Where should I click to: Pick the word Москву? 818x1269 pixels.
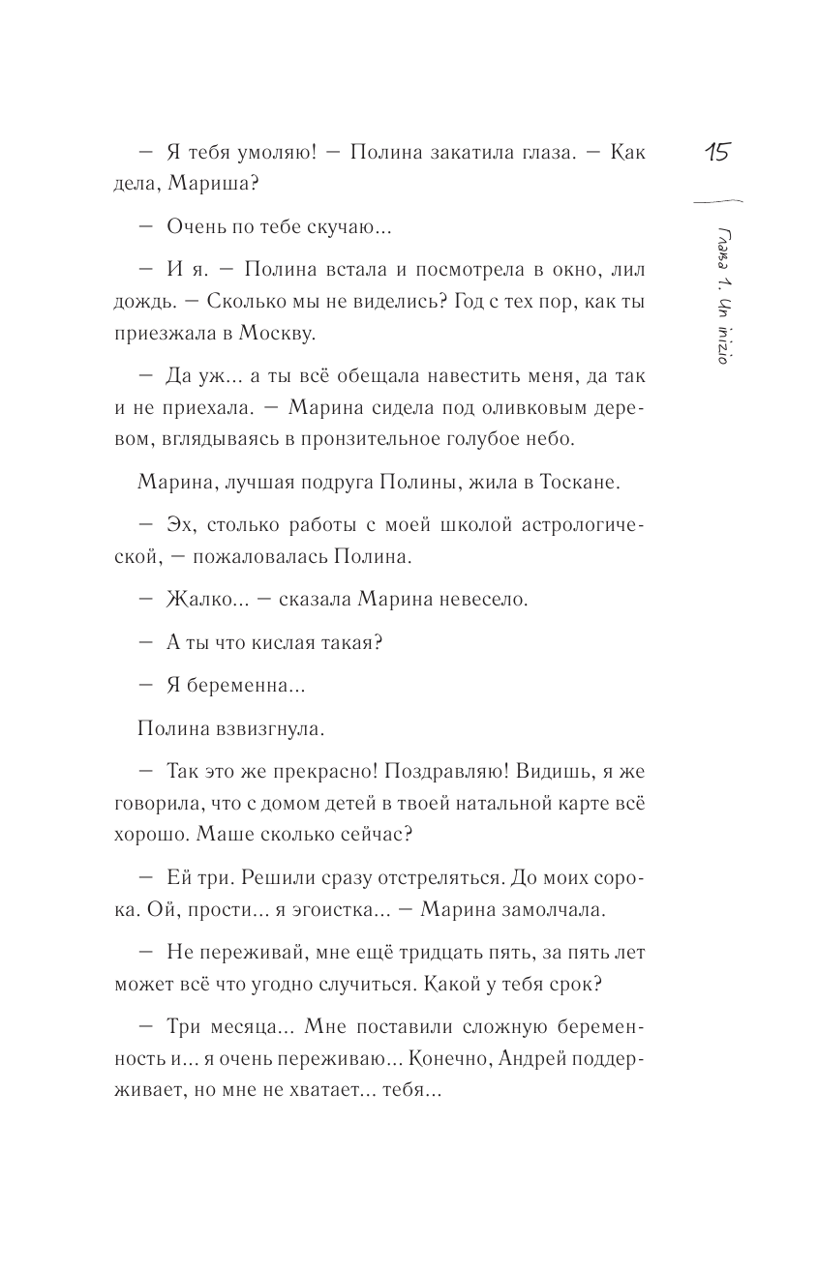pyautogui.click(x=302, y=335)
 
